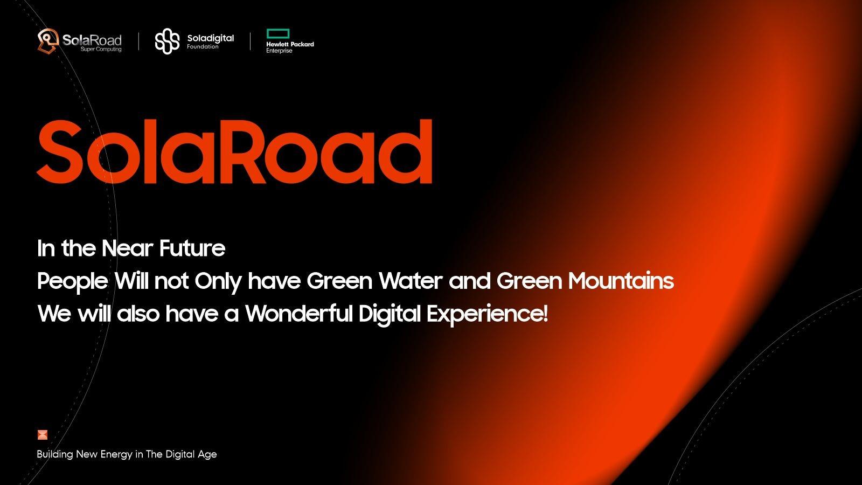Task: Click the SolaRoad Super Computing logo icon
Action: pyautogui.click(x=48, y=41)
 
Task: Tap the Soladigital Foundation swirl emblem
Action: pyautogui.click(x=168, y=41)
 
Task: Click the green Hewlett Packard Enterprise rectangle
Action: pyautogui.click(x=278, y=33)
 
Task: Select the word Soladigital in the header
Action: pyautogui.click(x=211, y=38)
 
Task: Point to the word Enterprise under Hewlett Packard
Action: pyautogui.click(x=280, y=51)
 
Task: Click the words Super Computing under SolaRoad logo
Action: pyautogui.click(x=101, y=49)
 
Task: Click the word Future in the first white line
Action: pyautogui.click(x=192, y=248)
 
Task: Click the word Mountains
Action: pyautogui.click(x=621, y=281)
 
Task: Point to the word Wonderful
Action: pyautogui.click(x=299, y=314)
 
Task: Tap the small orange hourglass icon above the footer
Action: pyautogui.click(x=43, y=434)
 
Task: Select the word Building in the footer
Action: pyautogui.click(x=55, y=455)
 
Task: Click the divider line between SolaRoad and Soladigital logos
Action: pyautogui.click(x=138, y=41)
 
